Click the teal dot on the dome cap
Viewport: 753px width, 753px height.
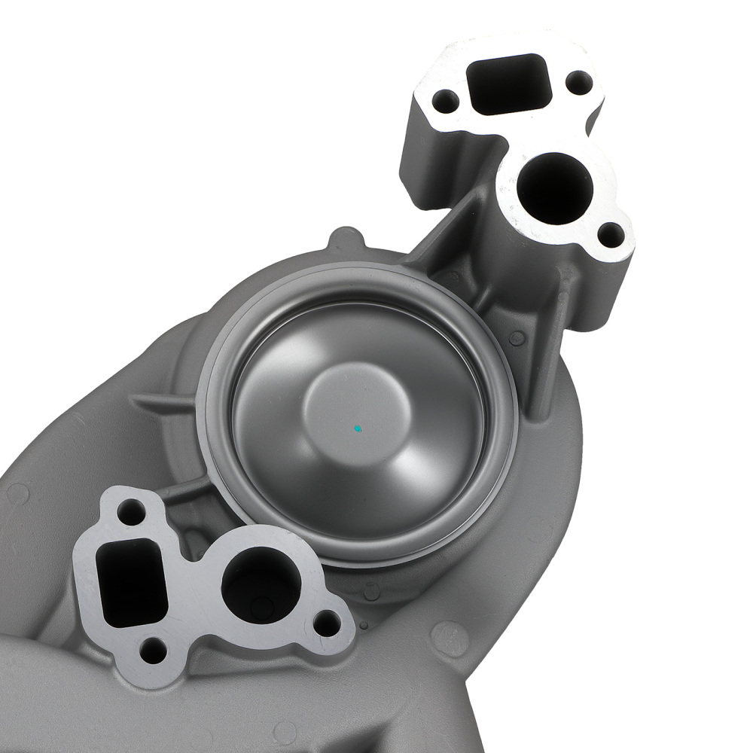pos(359,428)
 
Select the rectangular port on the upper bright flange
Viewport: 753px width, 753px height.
pos(506,84)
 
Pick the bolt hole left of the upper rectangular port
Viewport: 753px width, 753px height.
pos(446,99)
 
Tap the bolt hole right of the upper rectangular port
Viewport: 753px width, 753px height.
pos(578,81)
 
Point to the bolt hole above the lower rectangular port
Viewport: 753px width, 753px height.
pos(131,513)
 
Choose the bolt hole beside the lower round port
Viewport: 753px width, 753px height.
pos(326,622)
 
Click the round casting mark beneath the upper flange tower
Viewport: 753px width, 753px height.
pos(517,338)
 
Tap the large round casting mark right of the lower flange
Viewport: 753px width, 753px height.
pos(450,639)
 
